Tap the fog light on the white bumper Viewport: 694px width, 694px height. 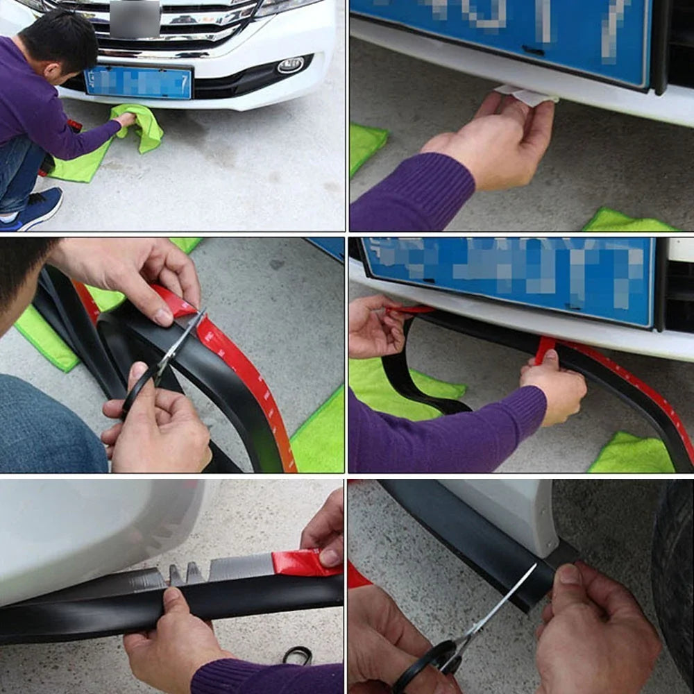[290, 65]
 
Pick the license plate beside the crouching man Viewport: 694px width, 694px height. [138, 83]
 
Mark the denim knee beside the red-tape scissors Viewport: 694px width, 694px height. [49, 423]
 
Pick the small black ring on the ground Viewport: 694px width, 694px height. [297, 654]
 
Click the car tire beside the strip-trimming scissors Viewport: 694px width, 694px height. [673, 576]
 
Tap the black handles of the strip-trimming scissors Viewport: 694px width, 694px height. [430, 663]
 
